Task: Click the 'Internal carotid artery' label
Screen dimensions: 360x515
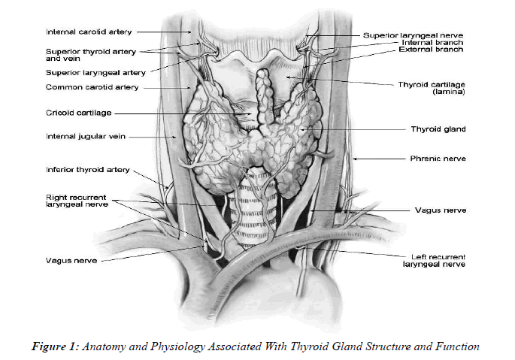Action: (x=89, y=32)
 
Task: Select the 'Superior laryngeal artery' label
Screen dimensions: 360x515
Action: (x=95, y=73)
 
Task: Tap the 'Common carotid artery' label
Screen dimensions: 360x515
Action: (x=92, y=87)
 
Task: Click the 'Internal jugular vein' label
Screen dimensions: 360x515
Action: (x=83, y=137)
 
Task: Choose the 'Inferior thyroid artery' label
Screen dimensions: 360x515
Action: (x=87, y=169)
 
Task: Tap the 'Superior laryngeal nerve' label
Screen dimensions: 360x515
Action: (x=413, y=35)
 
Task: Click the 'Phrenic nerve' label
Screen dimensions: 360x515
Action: (x=438, y=159)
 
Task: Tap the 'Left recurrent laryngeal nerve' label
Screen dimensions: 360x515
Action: (x=433, y=259)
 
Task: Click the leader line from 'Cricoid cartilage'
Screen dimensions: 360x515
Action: (x=180, y=114)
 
